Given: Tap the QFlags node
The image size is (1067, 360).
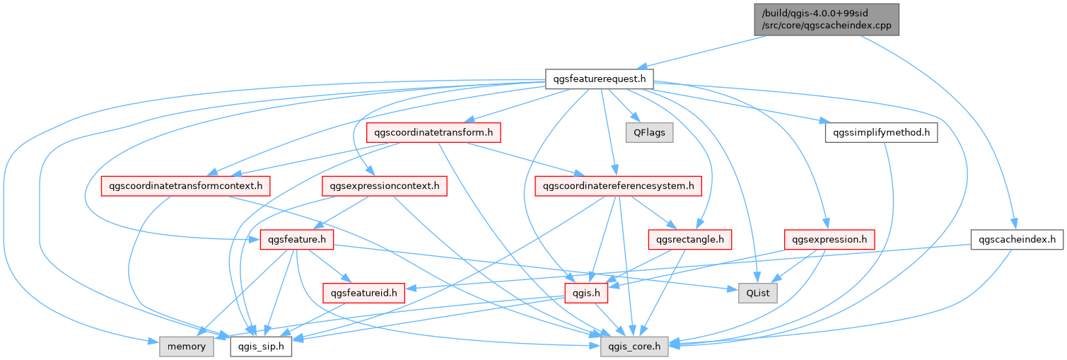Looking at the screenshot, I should coord(649,132).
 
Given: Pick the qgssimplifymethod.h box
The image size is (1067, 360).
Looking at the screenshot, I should coord(881,132).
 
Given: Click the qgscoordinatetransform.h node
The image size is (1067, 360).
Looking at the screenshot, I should coord(433,132).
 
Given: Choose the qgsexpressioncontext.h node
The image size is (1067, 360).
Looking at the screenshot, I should coord(384,186).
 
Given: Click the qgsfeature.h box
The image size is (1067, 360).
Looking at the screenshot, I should coord(296,240).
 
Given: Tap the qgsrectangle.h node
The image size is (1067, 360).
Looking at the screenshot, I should coord(689,240).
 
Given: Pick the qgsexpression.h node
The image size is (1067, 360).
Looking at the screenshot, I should coord(829,240).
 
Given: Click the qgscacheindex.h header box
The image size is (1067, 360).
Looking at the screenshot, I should coord(1017,240).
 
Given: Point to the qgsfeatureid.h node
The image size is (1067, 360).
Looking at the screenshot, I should coord(363,292).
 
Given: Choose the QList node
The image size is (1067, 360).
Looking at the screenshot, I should coord(757,292).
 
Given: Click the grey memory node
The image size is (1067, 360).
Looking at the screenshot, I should coord(187,346).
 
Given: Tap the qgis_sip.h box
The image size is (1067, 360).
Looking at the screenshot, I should coord(261,346).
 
